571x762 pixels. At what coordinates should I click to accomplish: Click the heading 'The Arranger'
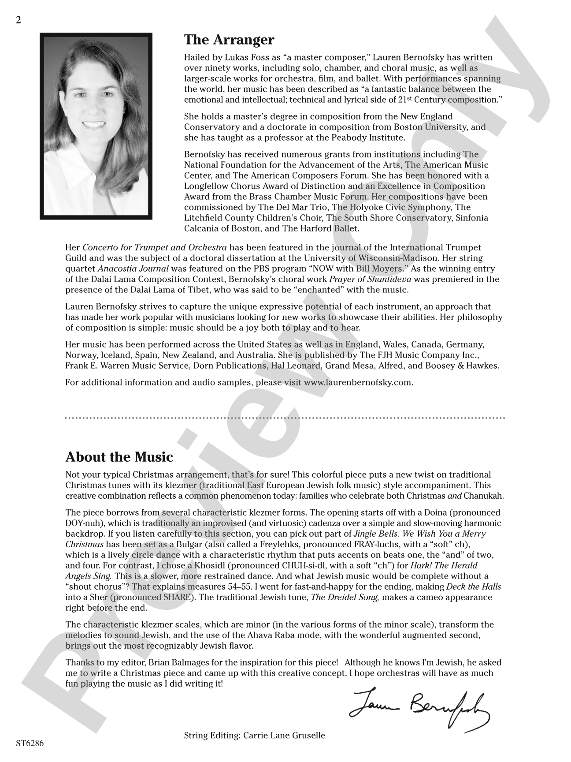pyautogui.click(x=229, y=40)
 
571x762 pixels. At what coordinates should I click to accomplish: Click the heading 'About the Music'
pyautogui.click(x=119, y=457)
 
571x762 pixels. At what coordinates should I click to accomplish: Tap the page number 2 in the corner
pyautogui.click(x=18, y=20)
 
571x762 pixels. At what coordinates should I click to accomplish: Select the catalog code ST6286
pyautogui.click(x=30, y=743)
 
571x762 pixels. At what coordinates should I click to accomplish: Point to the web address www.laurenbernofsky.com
pyautogui.click(x=358, y=382)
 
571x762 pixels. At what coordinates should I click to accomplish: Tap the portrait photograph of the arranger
pyautogui.click(x=96, y=126)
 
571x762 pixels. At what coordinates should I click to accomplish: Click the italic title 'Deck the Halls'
pyautogui.click(x=474, y=586)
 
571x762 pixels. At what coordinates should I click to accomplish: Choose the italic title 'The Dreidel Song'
pyautogui.click(x=345, y=597)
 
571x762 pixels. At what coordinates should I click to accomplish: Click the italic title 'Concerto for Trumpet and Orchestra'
pyautogui.click(x=155, y=247)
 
